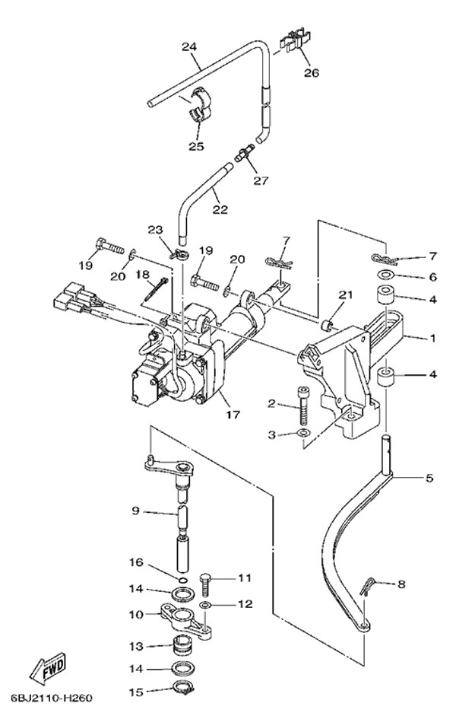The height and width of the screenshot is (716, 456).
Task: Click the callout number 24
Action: click(189, 47)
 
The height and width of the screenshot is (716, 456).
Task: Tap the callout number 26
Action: click(311, 73)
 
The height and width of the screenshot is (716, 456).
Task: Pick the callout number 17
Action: click(233, 415)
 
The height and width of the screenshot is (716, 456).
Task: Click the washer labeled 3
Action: click(303, 434)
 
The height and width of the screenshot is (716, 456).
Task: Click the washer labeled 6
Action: click(385, 277)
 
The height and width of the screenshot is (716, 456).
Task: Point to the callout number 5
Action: click(429, 479)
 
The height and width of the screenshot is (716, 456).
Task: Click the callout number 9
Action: click(135, 511)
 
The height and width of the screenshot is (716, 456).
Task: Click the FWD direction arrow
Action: click(48, 670)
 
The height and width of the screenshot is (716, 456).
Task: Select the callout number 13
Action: click(135, 647)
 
